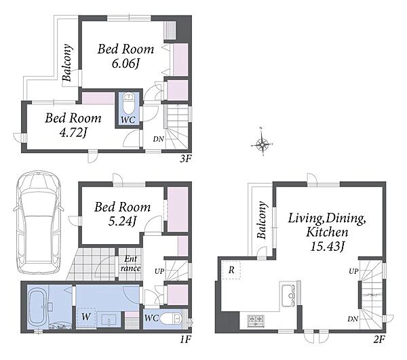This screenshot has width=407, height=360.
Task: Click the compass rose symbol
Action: click(x=262, y=143)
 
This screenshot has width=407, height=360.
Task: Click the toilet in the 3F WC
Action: click(x=128, y=104)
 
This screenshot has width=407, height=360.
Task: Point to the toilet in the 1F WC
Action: click(x=170, y=318)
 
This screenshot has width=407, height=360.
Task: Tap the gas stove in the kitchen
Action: click(x=256, y=321)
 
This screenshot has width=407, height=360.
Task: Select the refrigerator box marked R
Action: click(x=231, y=270)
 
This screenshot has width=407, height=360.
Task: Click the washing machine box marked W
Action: click(x=86, y=317)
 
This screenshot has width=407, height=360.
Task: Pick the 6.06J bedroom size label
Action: click(x=126, y=64)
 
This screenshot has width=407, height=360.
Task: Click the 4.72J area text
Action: click(x=73, y=133)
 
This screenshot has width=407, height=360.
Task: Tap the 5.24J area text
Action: click(x=122, y=221)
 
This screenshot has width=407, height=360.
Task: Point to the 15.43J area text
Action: click(x=327, y=246)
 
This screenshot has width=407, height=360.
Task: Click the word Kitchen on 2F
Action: click(x=327, y=232)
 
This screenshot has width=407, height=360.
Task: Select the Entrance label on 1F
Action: click(x=130, y=264)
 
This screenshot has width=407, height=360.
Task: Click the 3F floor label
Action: click(x=186, y=159)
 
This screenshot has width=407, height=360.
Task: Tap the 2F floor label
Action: click(x=379, y=339)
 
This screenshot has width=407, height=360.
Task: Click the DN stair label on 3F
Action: click(x=158, y=139)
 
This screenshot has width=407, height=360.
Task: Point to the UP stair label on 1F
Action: click(x=159, y=271)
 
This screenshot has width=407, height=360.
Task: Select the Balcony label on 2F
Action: click(x=262, y=220)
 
